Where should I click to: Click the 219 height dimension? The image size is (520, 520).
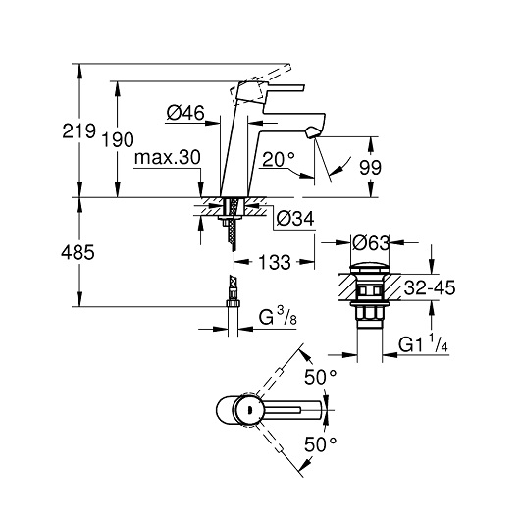[x=78, y=131]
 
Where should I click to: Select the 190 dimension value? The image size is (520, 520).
[x=118, y=139]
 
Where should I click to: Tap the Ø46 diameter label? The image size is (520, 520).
[x=185, y=113]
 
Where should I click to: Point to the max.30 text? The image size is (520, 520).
[x=168, y=157]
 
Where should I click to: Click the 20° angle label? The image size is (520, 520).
[x=279, y=159]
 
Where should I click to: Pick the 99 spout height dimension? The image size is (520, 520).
[x=371, y=167]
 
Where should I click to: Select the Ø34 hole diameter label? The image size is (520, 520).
[x=295, y=219]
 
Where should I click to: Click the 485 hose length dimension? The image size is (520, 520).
[x=78, y=252]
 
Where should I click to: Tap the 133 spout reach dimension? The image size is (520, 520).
[x=275, y=262]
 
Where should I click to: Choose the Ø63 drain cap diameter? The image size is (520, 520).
[x=371, y=243]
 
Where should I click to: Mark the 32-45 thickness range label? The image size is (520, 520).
[x=430, y=287]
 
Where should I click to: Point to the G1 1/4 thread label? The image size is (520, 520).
[x=423, y=344]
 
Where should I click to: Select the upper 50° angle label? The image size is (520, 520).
[x=321, y=378]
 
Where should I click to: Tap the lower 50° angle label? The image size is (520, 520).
[x=321, y=444]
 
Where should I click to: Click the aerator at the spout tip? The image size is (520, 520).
[x=313, y=132]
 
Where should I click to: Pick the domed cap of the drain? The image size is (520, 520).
[x=370, y=269]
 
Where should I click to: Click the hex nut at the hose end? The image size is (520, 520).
[x=233, y=303]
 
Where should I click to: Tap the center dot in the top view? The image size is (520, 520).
[x=249, y=410]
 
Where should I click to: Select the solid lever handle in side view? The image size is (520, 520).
[x=284, y=87]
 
